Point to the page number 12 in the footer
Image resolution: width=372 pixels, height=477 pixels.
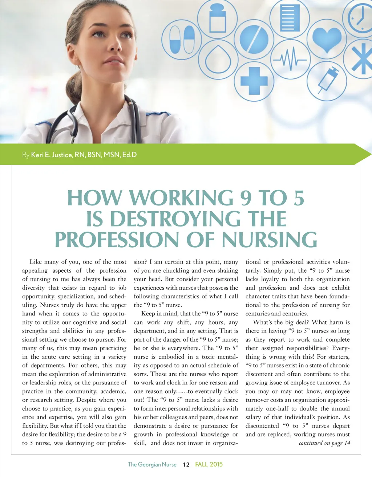point(186,465)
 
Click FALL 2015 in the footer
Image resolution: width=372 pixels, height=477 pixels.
point(209,464)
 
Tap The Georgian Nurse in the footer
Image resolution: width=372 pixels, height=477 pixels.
point(152,465)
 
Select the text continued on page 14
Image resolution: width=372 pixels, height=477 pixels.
point(324,443)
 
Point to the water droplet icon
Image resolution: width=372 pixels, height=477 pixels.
point(218,58)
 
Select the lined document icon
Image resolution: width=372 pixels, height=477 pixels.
point(290,17)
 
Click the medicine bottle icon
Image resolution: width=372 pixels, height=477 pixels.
point(217,17)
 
